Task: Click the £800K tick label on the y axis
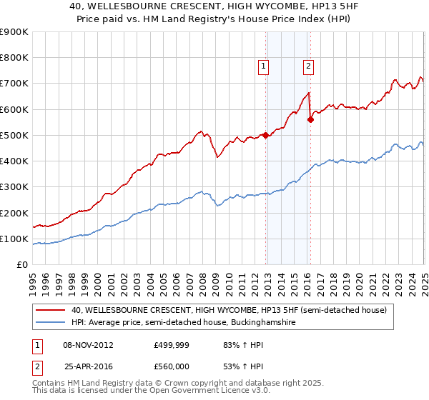point(14,58)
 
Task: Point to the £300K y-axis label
point(14,187)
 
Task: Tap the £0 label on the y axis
point(23,265)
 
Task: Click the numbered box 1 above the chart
point(264,66)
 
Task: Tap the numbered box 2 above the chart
point(309,66)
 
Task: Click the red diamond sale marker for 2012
point(265,135)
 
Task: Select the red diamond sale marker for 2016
point(310,119)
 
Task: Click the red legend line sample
point(51,310)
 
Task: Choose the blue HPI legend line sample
point(51,323)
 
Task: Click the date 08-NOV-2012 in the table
point(89,345)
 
